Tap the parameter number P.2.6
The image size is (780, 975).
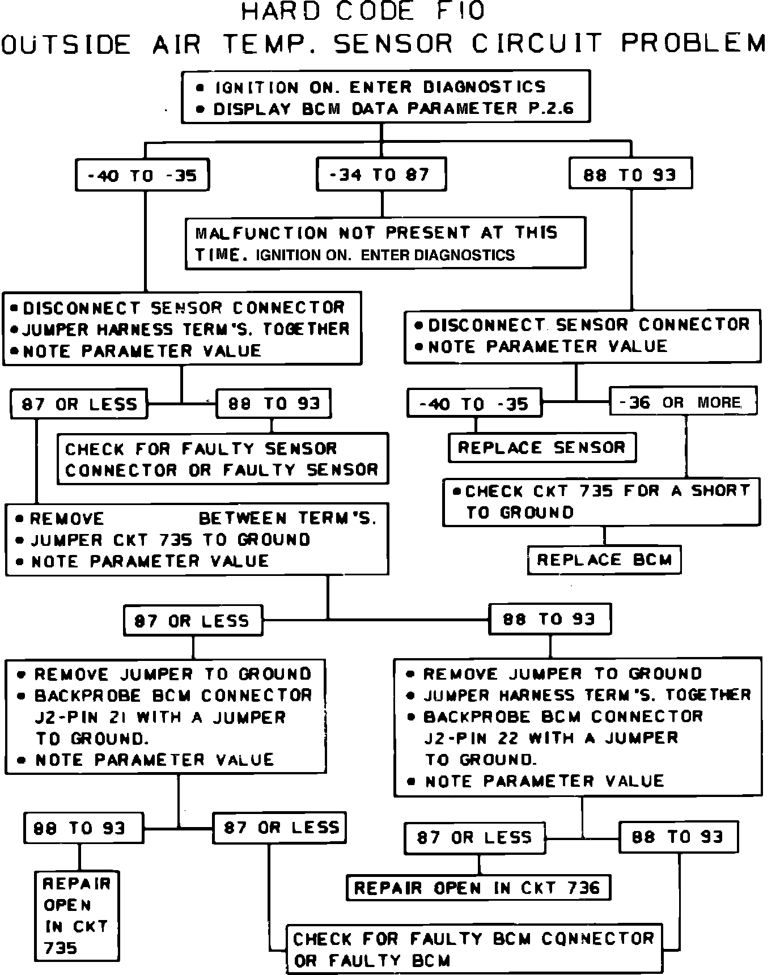click(551, 108)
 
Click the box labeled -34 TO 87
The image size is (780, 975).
click(381, 175)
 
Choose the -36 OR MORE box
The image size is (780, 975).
click(682, 402)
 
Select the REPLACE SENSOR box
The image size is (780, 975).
click(541, 448)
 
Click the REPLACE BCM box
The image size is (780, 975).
click(604, 560)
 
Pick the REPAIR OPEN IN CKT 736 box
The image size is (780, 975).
click(477, 888)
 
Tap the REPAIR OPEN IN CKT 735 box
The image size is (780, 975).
click(77, 915)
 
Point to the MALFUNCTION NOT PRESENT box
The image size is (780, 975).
click(385, 243)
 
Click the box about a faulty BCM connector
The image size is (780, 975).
click(473, 949)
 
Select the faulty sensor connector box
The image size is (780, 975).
click(222, 459)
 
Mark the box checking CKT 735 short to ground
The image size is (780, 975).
click(601, 502)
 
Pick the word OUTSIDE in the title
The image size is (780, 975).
click(66, 45)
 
